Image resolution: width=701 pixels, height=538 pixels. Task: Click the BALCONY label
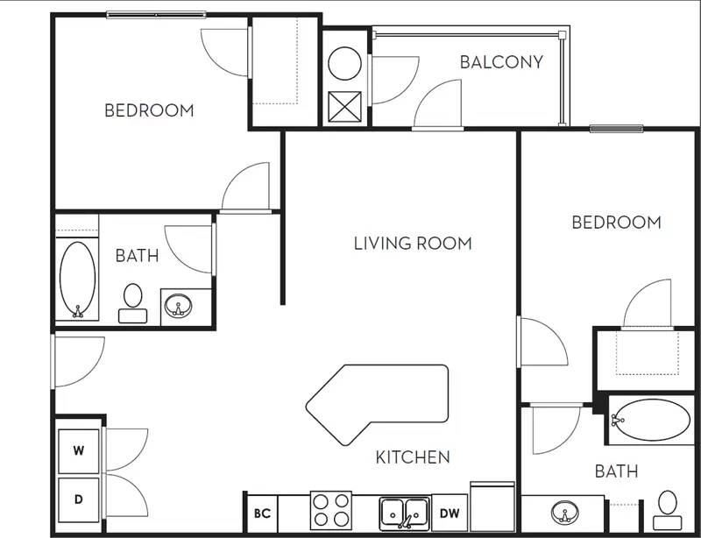pyautogui.click(x=501, y=62)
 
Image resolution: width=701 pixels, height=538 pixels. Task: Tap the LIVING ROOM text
pyautogui.click(x=413, y=244)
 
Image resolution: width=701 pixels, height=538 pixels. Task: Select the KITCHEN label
pyautogui.click(x=413, y=457)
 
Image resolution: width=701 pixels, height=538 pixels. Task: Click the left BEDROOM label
pyautogui.click(x=149, y=110)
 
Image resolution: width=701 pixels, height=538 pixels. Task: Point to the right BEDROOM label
pyautogui.click(x=616, y=223)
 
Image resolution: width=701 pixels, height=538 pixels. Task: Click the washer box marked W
pyautogui.click(x=79, y=451)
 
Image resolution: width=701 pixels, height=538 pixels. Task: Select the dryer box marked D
pyautogui.click(x=79, y=499)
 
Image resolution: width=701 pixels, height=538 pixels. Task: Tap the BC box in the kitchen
pyautogui.click(x=261, y=513)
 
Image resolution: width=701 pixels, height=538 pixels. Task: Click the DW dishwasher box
pyautogui.click(x=448, y=513)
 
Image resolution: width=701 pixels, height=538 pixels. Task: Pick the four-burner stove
pyautogui.click(x=331, y=510)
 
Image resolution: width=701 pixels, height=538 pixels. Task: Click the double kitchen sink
pyautogui.click(x=404, y=511)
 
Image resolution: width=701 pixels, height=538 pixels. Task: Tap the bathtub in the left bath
pyautogui.click(x=77, y=280)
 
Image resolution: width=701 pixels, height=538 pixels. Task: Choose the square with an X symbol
pyautogui.click(x=343, y=106)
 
